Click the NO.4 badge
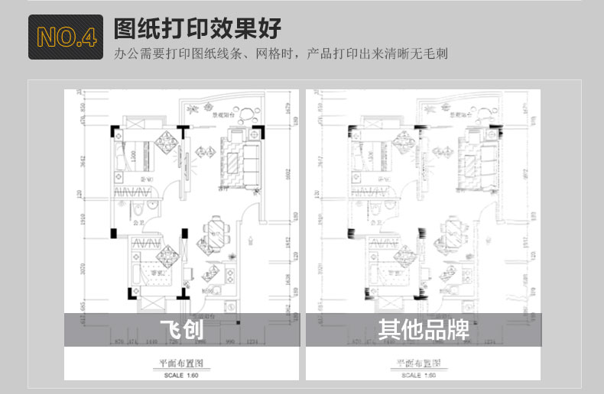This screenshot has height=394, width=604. [x=67, y=36]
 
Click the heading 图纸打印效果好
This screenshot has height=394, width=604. [x=197, y=28]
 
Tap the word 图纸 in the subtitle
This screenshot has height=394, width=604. [x=202, y=54]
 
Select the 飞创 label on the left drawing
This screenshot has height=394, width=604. [x=180, y=330]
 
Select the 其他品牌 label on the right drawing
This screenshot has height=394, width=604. [x=423, y=330]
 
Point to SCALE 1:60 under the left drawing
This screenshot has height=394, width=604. [x=180, y=376]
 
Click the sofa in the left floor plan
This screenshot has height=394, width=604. [x=248, y=161]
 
